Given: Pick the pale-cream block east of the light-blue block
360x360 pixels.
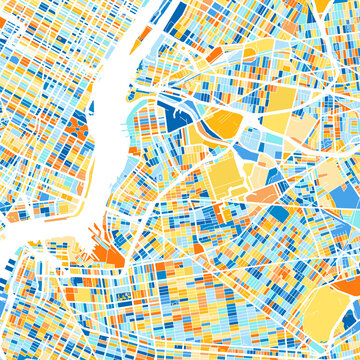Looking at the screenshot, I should pyautogui.click(x=300, y=134).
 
